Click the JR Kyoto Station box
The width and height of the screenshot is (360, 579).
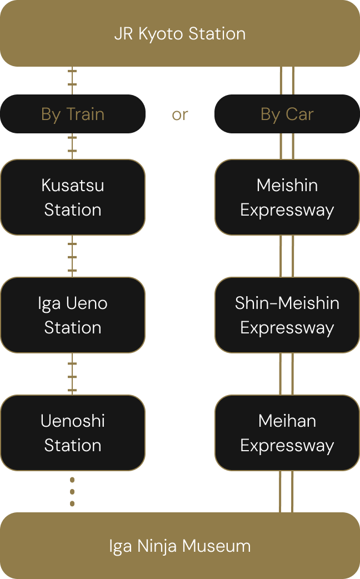pyautogui.click(x=179, y=33)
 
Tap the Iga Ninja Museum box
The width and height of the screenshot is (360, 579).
pyautogui.click(x=179, y=546)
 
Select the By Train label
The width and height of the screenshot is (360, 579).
pyautogui.click(x=73, y=114)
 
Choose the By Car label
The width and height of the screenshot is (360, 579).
pyautogui.click(x=287, y=114)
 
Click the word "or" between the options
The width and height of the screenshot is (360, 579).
pyautogui.click(x=179, y=114)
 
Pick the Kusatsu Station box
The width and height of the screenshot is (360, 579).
pyautogui.click(x=73, y=197)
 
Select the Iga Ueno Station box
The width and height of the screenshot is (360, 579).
pyautogui.click(x=73, y=315)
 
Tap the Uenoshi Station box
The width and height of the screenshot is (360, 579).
pyautogui.click(x=73, y=433)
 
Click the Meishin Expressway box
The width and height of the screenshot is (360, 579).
pyautogui.click(x=287, y=197)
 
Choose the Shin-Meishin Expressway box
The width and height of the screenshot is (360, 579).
pyautogui.click(x=287, y=315)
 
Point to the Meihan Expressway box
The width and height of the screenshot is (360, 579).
pyautogui.click(x=287, y=433)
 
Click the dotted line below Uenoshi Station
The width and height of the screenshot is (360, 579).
pyautogui.click(x=72, y=491)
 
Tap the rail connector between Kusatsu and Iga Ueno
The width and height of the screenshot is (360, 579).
pyautogui.click(x=72, y=256)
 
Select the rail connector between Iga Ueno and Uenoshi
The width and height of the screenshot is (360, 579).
pyautogui.click(x=72, y=374)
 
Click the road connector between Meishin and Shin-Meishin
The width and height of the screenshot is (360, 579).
pyautogui.click(x=287, y=256)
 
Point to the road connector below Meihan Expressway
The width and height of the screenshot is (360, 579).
pyautogui.click(x=287, y=491)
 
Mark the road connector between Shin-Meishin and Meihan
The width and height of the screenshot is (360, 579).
pyautogui.click(x=287, y=374)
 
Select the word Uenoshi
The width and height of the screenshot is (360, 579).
pyautogui.click(x=73, y=421)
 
